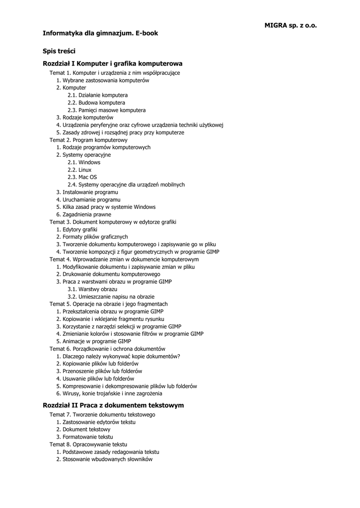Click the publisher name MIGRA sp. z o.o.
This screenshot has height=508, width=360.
point(290,25)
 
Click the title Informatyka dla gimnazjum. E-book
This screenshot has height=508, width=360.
point(100,33)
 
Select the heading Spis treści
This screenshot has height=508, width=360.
point(59,51)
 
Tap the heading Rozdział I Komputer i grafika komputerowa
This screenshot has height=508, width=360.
point(113,63)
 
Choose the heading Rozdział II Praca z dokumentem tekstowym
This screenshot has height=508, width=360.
point(113,405)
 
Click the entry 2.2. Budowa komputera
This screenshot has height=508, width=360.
point(96,103)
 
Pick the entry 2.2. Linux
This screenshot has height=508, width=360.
point(79,170)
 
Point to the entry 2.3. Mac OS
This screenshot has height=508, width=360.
point(82,177)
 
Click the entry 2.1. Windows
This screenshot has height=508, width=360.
point(84,162)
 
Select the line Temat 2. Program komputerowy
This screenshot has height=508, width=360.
point(88,140)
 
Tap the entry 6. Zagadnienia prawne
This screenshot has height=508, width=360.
point(83,214)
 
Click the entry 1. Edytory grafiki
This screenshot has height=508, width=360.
point(76,229)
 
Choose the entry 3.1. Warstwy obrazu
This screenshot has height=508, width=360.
point(92,289)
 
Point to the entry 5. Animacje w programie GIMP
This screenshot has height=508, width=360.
point(93,341)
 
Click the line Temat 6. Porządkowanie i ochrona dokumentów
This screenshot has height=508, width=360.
point(107,349)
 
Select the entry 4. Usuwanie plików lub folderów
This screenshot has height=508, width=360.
point(95,379)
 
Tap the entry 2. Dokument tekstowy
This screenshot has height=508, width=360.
point(83,430)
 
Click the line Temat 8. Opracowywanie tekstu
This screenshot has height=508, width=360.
point(88,444)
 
